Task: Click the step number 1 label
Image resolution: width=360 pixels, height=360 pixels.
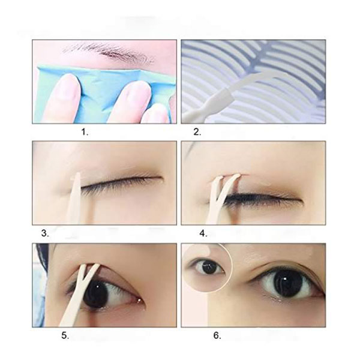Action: pos(85,132)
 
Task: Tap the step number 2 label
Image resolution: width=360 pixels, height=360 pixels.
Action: pos(197,132)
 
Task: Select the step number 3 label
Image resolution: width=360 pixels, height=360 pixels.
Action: pos(45,233)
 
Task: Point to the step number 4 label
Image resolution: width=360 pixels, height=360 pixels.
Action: pos(203,233)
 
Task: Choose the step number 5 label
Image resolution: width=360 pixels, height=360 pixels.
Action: pos(65,335)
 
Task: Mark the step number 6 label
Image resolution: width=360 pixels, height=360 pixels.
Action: pos(217,335)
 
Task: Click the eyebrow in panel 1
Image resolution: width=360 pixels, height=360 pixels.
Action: pos(108,53)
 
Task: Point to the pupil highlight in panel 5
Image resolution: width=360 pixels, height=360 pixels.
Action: pos(98,287)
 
